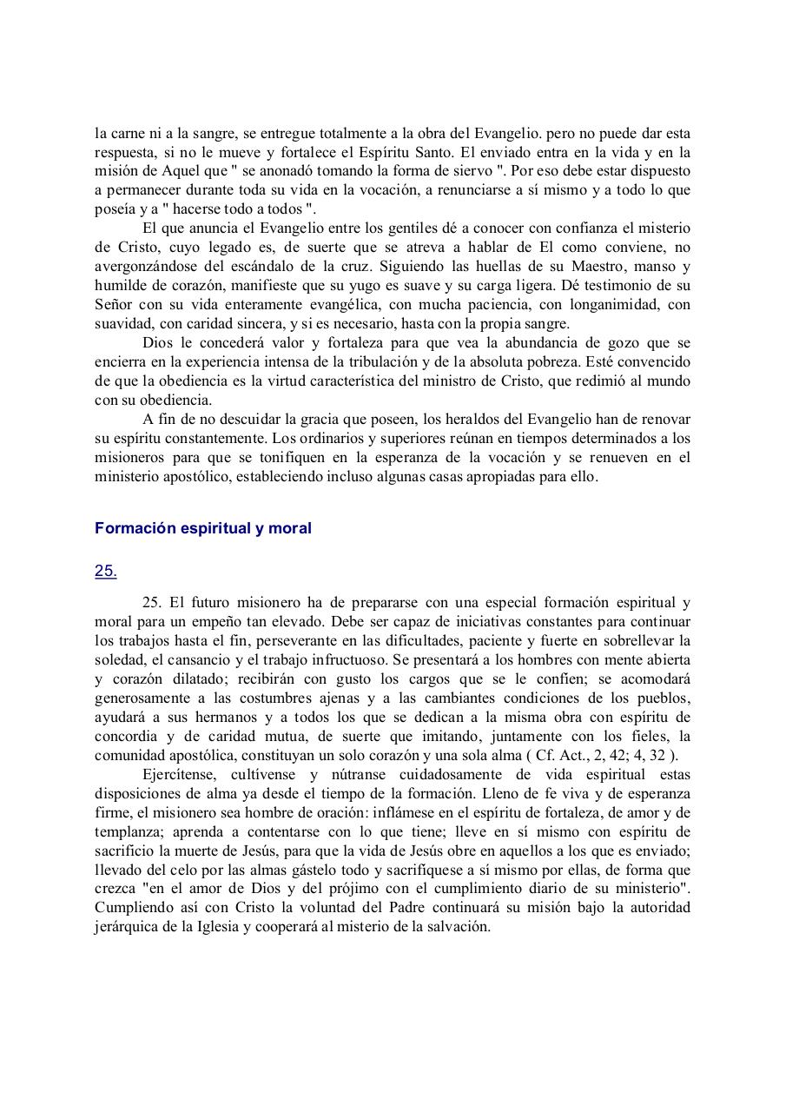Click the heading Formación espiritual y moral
(202, 528)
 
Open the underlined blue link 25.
(105, 571)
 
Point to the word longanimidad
(615, 304)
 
